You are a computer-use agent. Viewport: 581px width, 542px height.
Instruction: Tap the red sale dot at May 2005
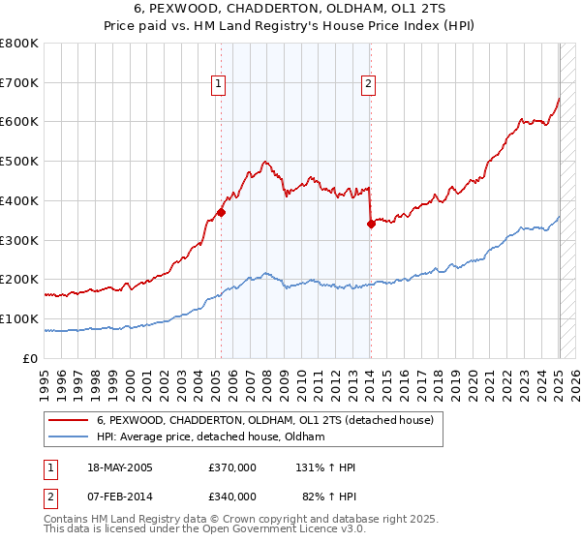(221, 212)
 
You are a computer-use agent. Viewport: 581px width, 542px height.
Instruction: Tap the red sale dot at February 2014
(371, 224)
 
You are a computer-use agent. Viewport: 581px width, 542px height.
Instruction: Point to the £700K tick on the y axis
(20, 82)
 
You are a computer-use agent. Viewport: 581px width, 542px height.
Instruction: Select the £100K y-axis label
(20, 318)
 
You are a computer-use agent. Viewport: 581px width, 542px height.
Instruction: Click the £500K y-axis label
(20, 161)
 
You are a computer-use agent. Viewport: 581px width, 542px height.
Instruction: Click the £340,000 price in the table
(232, 496)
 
